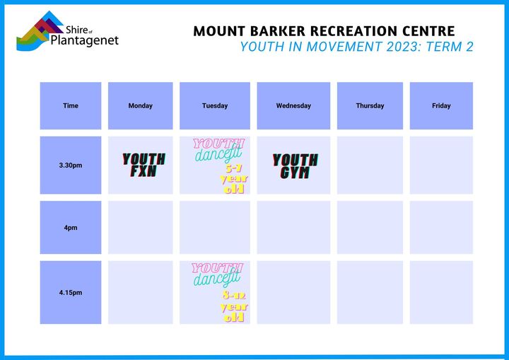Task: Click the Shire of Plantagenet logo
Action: click(68, 31)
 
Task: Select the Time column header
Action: click(71, 105)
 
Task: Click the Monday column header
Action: click(140, 105)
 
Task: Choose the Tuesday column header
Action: click(215, 105)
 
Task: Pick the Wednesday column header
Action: click(293, 105)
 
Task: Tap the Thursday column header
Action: click(370, 105)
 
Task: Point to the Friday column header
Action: click(441, 105)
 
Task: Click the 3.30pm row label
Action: click(71, 165)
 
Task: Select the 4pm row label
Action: click(71, 228)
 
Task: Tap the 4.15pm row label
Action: click(71, 292)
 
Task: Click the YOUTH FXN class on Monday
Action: click(144, 165)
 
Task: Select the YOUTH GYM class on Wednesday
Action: click(295, 166)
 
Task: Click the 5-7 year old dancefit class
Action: click(219, 166)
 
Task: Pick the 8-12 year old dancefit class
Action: click(219, 292)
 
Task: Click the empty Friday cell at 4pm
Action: click(441, 228)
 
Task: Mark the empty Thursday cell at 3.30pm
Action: click(370, 165)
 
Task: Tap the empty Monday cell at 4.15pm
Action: click(140, 292)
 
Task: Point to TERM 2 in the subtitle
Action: click(450, 47)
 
